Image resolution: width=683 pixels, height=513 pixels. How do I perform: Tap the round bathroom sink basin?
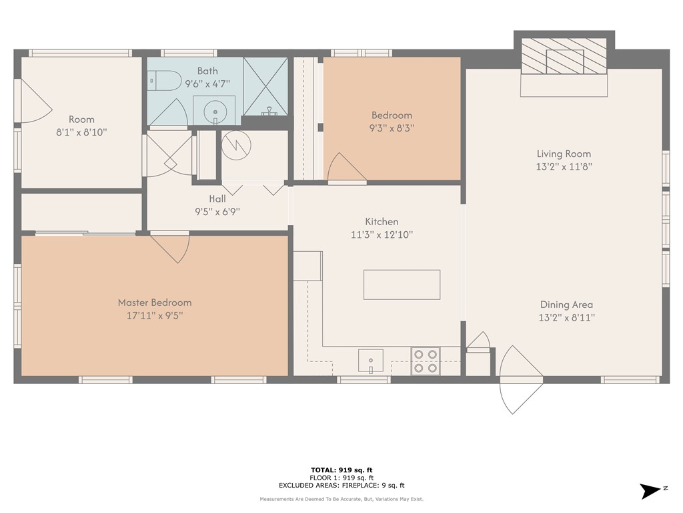pyautogui.click(x=215, y=110)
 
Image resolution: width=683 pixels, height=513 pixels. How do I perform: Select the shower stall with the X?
pyautogui.click(x=265, y=86)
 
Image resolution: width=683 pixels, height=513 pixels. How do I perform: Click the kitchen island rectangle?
pyautogui.click(x=402, y=285)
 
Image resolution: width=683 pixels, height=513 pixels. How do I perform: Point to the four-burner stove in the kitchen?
pyautogui.click(x=425, y=360)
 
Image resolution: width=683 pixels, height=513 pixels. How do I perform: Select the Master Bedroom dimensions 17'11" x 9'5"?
pyautogui.click(x=155, y=315)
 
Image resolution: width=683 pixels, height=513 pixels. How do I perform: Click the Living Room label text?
pyautogui.click(x=564, y=154)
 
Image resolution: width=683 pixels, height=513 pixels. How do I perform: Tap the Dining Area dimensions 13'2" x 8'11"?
pyautogui.click(x=566, y=318)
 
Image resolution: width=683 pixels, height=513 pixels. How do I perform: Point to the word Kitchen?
pyautogui.click(x=382, y=222)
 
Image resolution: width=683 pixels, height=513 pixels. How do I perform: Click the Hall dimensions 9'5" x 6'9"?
pyautogui.click(x=217, y=212)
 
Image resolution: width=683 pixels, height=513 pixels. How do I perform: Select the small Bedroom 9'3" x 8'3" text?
pyautogui.click(x=392, y=128)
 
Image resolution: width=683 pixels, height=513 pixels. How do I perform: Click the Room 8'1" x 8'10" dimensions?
pyautogui.click(x=81, y=132)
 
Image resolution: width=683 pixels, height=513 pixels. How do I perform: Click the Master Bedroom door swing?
pyautogui.click(x=172, y=247)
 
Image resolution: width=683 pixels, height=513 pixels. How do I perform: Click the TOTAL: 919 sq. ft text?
pyautogui.click(x=341, y=470)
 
